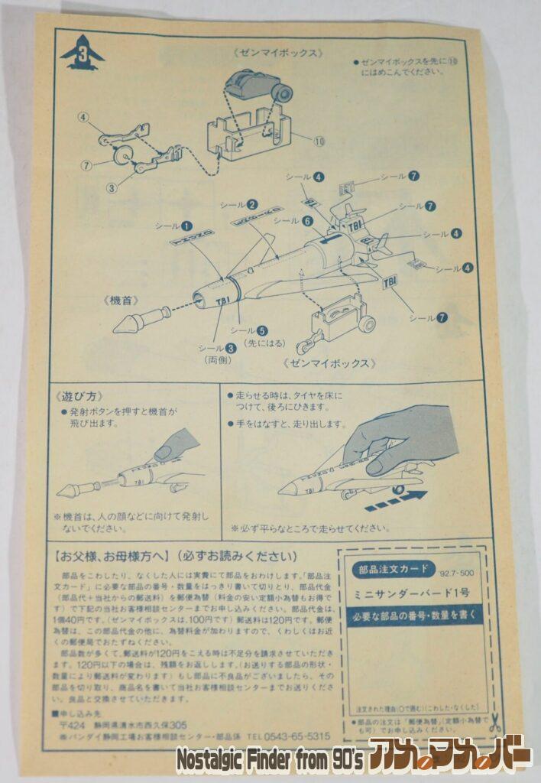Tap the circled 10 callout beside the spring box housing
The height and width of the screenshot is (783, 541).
click(x=319, y=141)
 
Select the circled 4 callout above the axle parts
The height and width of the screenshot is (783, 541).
click(x=83, y=118)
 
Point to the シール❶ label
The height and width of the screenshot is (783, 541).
click(x=173, y=226)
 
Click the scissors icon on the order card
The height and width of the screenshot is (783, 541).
click(x=495, y=721)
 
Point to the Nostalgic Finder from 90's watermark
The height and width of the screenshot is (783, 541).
click(x=269, y=762)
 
